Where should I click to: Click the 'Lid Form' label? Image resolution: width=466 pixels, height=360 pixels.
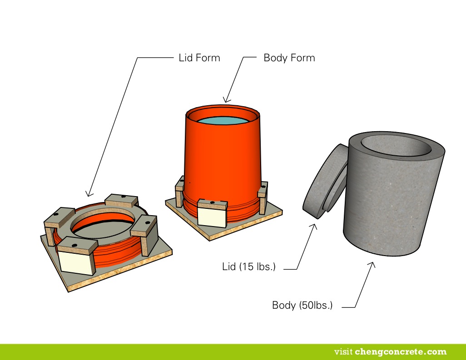click(199, 58)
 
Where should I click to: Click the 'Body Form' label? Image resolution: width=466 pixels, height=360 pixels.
click(289, 58)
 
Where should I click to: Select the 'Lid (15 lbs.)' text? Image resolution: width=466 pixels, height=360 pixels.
click(248, 266)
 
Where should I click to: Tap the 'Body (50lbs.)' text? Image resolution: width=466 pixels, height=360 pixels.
click(302, 305)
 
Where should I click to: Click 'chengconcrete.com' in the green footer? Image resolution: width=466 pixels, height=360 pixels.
click(401, 352)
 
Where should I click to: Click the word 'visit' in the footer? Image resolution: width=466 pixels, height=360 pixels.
click(343, 352)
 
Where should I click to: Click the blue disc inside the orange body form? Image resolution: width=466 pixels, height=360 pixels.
click(223, 121)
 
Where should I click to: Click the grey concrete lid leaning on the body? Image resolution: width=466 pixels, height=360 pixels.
click(323, 182)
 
